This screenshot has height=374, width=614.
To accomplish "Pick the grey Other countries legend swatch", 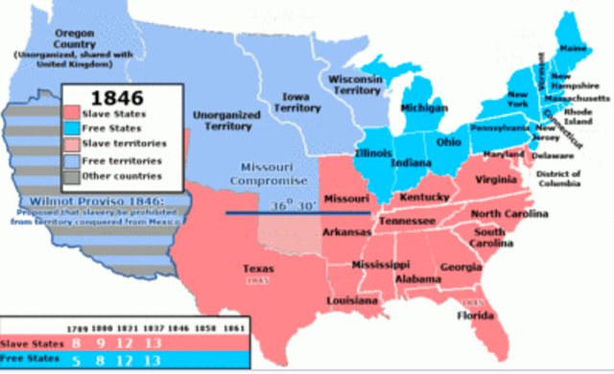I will tap(77, 175).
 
